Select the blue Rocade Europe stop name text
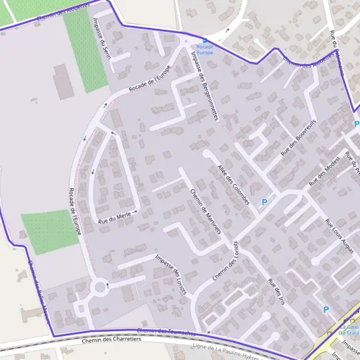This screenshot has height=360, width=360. pyautogui.click(x=205, y=49)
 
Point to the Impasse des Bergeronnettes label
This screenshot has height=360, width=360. pyautogui.click(x=203, y=85)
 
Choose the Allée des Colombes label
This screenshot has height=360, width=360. pyautogui.click(x=233, y=183)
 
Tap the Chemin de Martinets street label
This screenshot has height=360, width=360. pyautogui.click(x=206, y=211)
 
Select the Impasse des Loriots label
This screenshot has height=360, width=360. pyautogui.click(x=171, y=274)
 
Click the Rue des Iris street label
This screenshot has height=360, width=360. pyautogui.click(x=277, y=292)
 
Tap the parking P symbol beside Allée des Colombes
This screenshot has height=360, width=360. pyautogui.click(x=264, y=202)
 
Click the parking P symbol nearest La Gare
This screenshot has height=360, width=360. pyautogui.click(x=326, y=310)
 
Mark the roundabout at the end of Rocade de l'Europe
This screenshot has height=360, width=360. pyautogui.click(x=100, y=287)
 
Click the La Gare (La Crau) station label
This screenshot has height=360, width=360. pyautogui.click(x=349, y=329)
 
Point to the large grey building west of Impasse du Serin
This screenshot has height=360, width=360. pyautogui.click(x=63, y=82)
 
